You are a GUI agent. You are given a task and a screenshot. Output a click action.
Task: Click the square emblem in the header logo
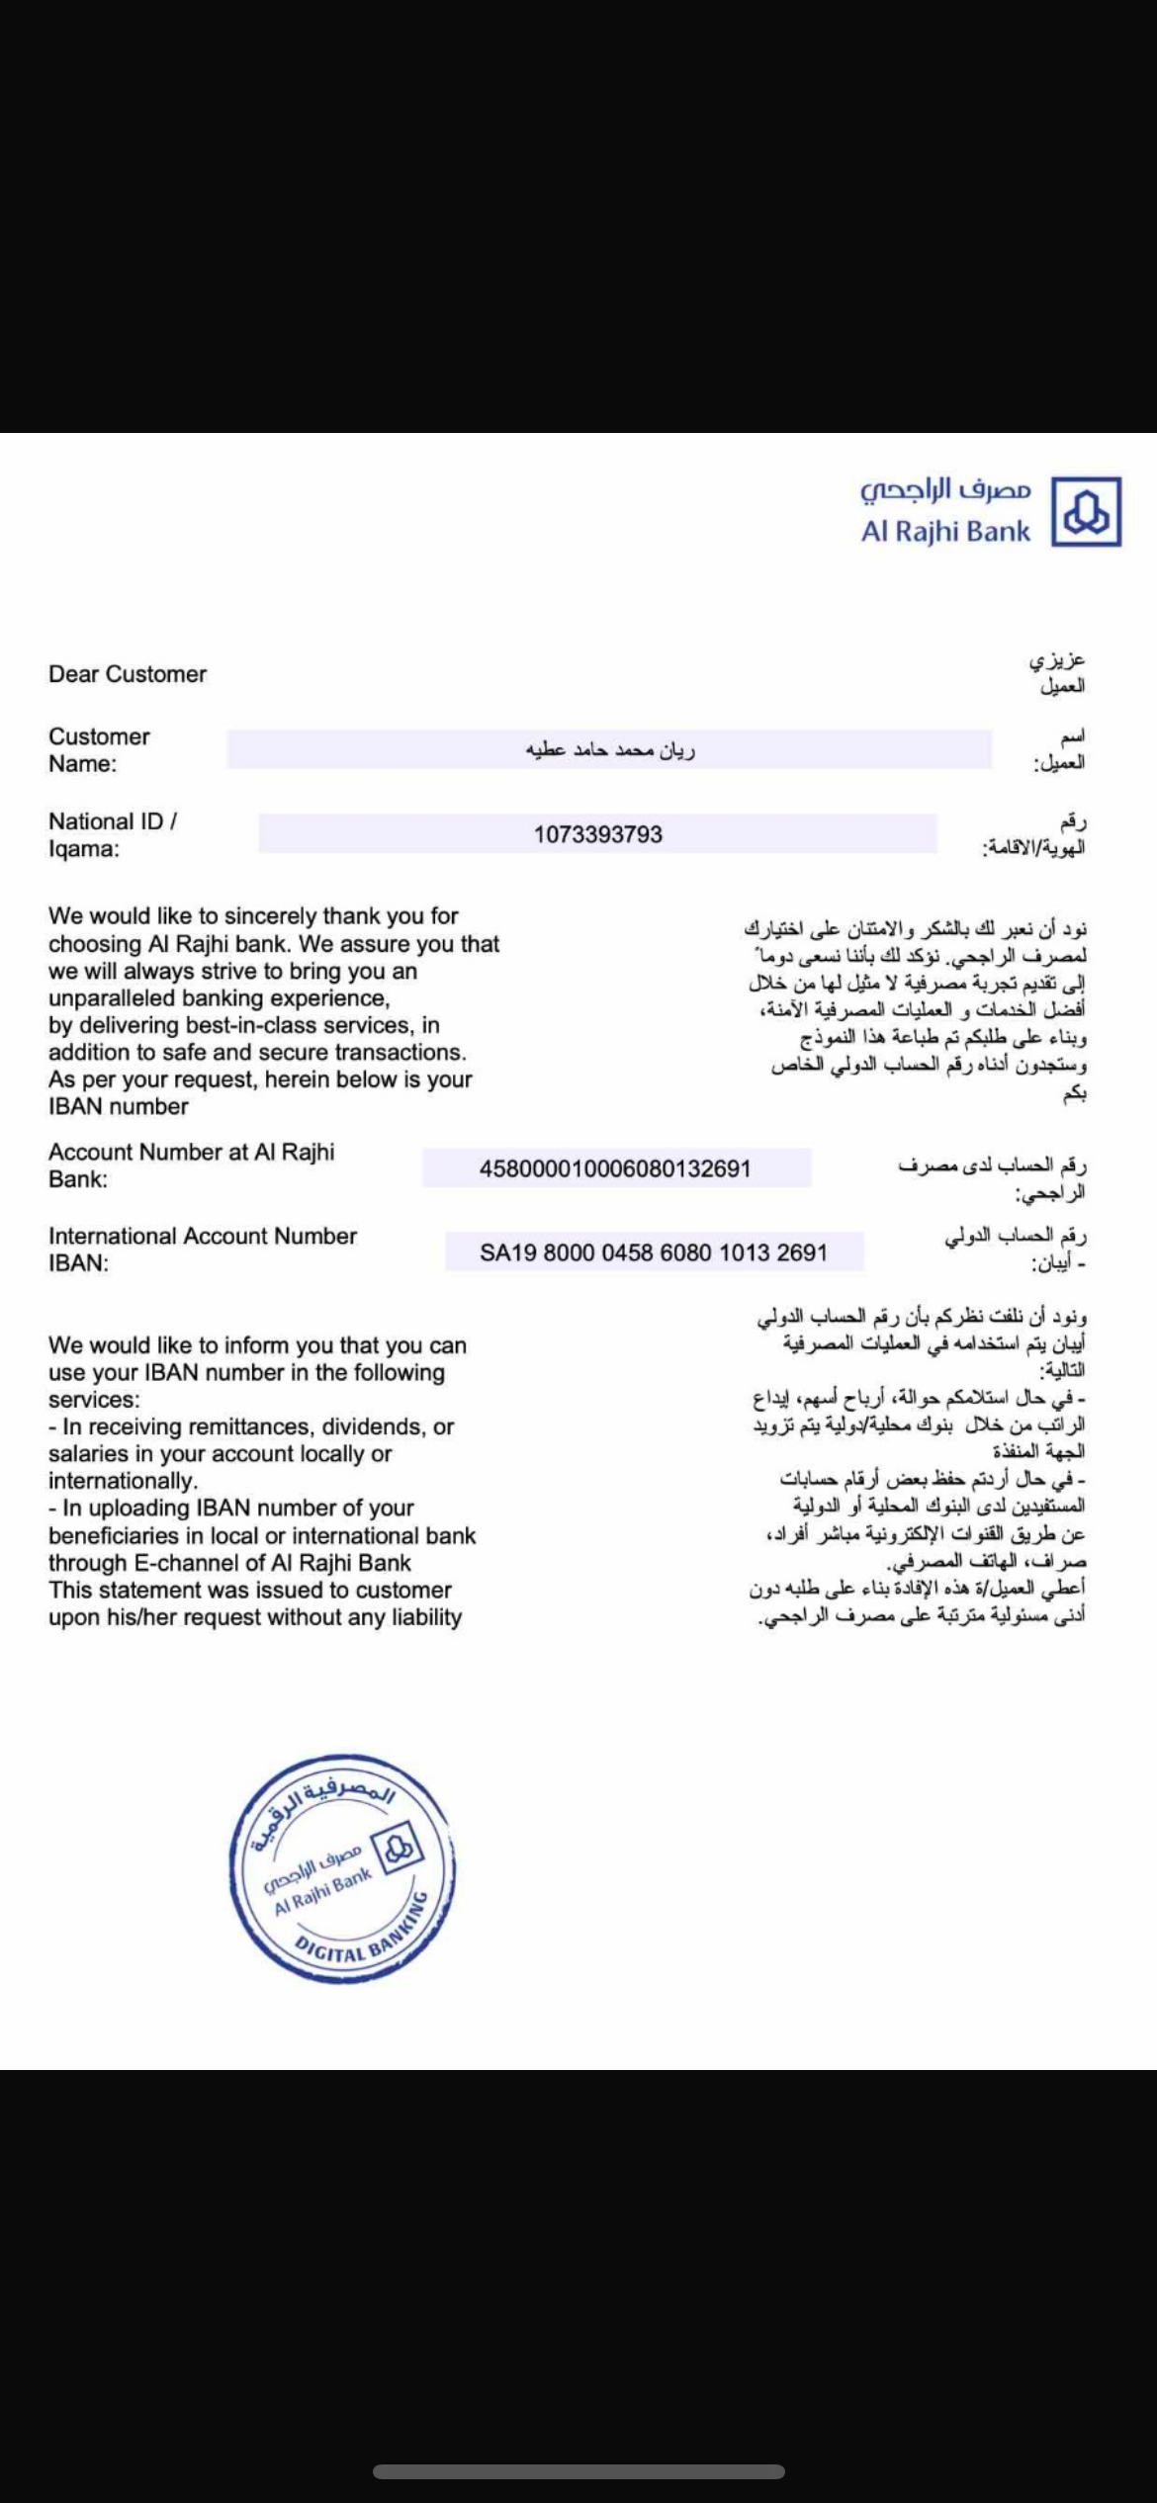(x=1086, y=511)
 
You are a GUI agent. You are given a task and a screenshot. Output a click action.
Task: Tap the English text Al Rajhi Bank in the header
(x=945, y=532)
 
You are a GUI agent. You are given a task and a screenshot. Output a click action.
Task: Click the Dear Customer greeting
(x=128, y=674)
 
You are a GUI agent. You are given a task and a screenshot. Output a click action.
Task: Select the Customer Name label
(x=99, y=750)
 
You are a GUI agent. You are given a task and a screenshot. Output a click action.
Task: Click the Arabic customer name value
(x=609, y=750)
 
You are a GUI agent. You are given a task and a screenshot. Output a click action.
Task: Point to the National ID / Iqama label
(x=113, y=834)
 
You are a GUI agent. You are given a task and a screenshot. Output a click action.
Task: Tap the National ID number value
(x=598, y=834)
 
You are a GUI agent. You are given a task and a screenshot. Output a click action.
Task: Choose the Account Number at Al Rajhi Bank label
(x=191, y=1165)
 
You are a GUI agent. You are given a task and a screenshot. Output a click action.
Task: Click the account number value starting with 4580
(x=615, y=1168)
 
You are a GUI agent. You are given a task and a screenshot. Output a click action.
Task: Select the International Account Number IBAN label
(x=202, y=1250)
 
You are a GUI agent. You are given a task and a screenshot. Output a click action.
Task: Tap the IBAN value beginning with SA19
(x=653, y=1252)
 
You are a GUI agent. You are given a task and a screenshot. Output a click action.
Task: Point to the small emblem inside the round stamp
(x=400, y=1847)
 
